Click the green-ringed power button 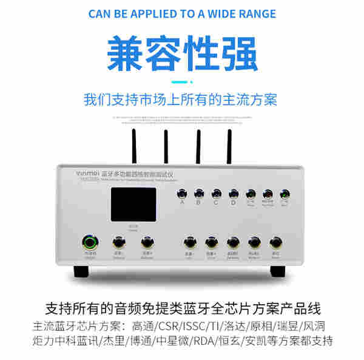(x=90, y=243)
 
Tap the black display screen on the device (x=133, y=205)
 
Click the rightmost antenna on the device (x=229, y=146)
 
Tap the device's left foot (x=81, y=269)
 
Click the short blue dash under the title (x=181, y=81)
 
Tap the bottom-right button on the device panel (x=275, y=242)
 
